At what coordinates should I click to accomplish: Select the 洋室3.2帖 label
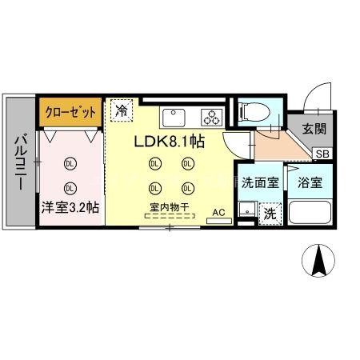coord(70,206)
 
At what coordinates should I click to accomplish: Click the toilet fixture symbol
coord(251,110)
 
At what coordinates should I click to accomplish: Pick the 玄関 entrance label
coord(314,129)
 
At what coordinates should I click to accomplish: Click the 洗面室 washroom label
coord(260,182)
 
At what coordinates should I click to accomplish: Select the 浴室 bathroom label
coord(310,182)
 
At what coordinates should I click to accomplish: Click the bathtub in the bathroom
coord(311,213)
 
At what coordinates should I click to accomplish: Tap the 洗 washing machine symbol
coord(270,214)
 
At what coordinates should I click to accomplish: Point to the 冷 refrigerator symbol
coord(122,111)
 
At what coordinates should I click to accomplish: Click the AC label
coord(219,213)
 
